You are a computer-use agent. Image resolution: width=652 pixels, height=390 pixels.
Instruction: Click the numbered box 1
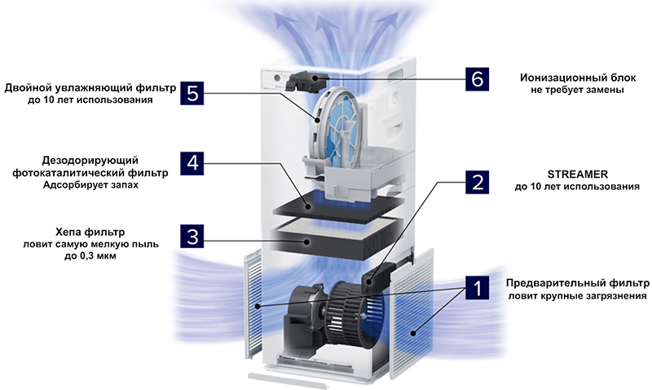[x=477, y=287]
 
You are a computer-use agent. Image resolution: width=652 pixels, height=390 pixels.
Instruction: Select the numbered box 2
[x=477, y=182]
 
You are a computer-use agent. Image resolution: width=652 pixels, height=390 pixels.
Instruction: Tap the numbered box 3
[x=192, y=237]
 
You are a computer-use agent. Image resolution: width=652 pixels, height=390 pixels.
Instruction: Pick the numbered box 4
[x=192, y=163]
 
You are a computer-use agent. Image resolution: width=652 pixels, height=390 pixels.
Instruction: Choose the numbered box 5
[x=192, y=93]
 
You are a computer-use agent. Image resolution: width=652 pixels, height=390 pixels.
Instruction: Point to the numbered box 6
[x=477, y=79]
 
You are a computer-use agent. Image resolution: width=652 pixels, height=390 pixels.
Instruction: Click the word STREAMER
[x=577, y=174]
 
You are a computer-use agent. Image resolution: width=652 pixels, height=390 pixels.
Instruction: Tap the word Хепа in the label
[x=68, y=232]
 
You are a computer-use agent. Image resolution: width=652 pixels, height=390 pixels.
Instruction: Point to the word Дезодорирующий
[x=90, y=161]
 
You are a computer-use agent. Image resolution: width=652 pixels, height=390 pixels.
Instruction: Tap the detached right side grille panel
[x=412, y=313]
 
